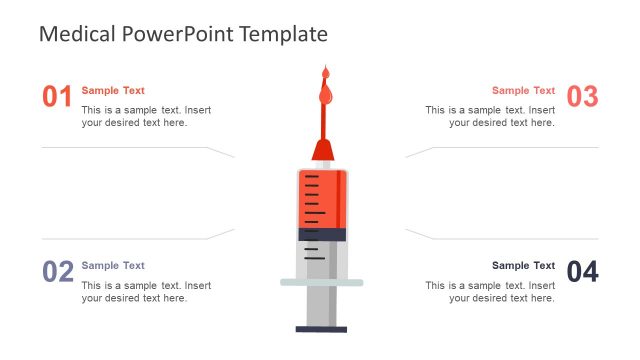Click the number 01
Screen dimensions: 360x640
click(x=57, y=97)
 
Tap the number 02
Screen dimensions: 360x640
click(x=58, y=271)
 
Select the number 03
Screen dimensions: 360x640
click(x=582, y=97)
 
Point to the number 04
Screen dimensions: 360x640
click(x=582, y=271)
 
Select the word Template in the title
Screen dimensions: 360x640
click(x=284, y=34)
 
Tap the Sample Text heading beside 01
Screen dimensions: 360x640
click(x=113, y=90)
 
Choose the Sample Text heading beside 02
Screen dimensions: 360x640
click(x=113, y=265)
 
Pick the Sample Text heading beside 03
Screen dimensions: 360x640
click(x=523, y=90)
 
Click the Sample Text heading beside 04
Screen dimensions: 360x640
click(x=523, y=265)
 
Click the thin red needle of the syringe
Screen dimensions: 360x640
click(x=323, y=120)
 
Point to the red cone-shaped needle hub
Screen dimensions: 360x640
click(x=322, y=151)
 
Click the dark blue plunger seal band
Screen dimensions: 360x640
click(x=322, y=234)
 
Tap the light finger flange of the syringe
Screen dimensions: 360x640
click(x=322, y=282)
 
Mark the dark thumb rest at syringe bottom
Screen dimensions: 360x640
click(x=322, y=328)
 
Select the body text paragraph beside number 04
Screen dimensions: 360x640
click(x=490, y=291)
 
